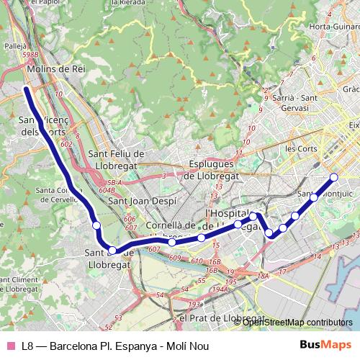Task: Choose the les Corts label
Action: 301,148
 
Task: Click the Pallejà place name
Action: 15,44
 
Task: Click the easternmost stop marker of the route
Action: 333,177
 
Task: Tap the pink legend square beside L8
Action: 10,346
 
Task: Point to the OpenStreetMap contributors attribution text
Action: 296,322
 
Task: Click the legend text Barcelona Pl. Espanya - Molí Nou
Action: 130,346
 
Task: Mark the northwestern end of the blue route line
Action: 26,89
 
